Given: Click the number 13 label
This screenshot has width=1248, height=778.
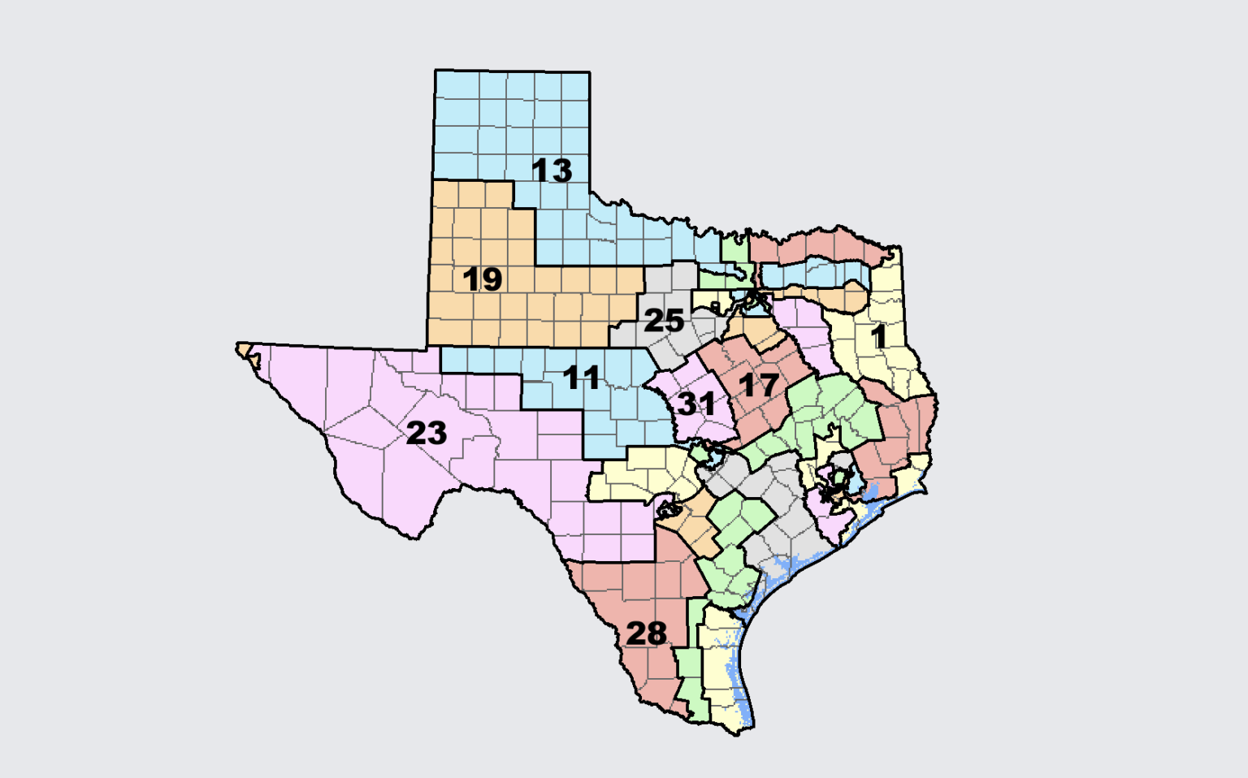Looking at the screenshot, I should [552, 171].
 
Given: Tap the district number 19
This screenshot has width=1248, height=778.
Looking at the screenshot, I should [482, 279].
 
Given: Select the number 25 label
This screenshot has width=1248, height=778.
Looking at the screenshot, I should [663, 321].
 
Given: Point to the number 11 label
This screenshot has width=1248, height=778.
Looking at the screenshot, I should [581, 378].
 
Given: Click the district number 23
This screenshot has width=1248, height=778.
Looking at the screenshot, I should [426, 433].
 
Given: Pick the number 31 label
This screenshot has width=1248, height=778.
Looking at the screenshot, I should [696, 404].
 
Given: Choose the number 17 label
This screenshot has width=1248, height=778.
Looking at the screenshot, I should [760, 385].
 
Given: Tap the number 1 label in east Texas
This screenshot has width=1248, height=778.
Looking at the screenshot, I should [878, 336].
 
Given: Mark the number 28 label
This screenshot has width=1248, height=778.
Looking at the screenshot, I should [646, 633].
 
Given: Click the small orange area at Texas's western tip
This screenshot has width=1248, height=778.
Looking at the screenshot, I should [245, 350].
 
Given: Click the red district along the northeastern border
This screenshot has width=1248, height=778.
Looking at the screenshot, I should [821, 244].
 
